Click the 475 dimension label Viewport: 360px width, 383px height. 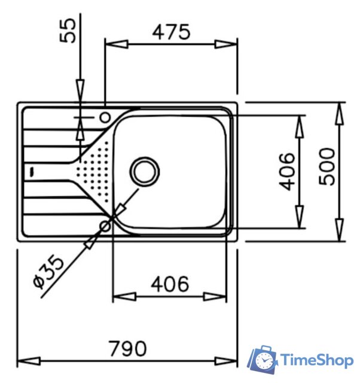(171, 32)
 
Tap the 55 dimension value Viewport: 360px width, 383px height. (68, 31)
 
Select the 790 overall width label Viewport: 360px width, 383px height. (128, 348)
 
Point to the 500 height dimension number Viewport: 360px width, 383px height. (327, 166)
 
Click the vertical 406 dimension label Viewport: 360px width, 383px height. (287, 172)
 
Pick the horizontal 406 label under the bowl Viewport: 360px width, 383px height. (170, 284)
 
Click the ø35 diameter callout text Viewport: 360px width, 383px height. (49, 271)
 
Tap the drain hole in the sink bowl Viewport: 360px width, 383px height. (145, 172)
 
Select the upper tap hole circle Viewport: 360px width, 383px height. (105, 117)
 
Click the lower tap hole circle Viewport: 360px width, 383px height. (105, 226)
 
